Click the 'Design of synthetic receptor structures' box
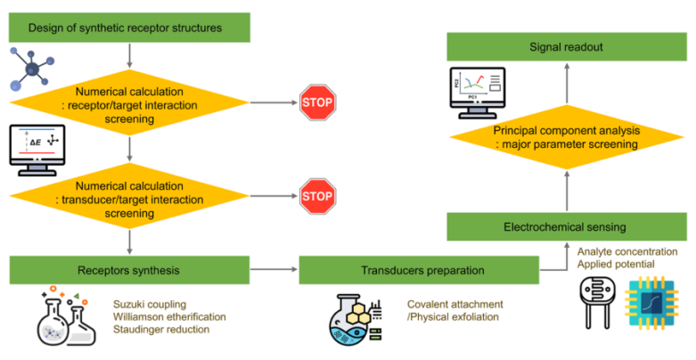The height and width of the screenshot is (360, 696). [x=131, y=29]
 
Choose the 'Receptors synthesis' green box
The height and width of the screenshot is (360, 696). [x=131, y=268]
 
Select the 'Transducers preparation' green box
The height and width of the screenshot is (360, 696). [x=420, y=268]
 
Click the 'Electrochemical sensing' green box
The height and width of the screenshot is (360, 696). [x=567, y=225]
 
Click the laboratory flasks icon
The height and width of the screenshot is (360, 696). [x=68, y=316]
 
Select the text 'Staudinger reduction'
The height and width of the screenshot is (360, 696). [x=162, y=331]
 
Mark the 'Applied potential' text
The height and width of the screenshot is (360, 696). [x=615, y=266]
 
